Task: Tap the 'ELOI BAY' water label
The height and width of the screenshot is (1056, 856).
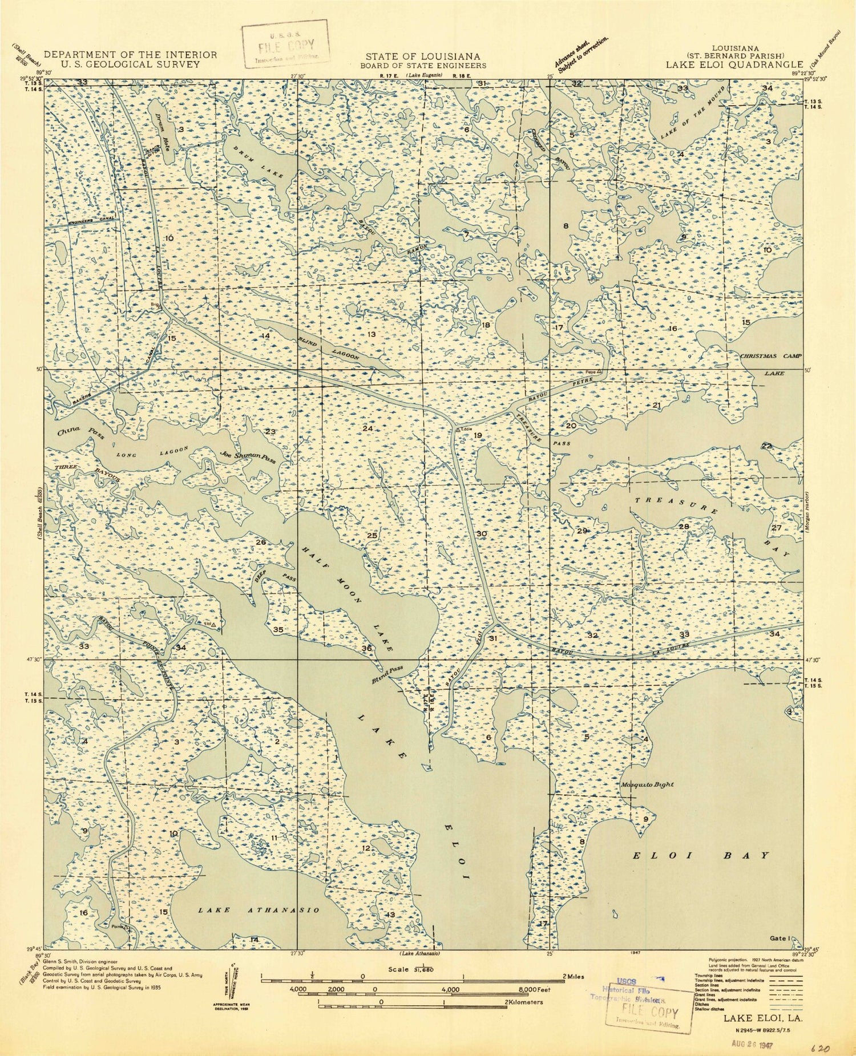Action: (702, 856)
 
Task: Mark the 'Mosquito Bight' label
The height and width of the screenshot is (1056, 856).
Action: (647, 784)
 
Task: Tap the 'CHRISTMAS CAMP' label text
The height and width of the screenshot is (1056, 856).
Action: (770, 356)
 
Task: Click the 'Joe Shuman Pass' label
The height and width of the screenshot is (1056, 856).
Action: (247, 456)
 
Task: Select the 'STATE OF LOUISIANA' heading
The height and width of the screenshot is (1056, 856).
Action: (423, 56)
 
